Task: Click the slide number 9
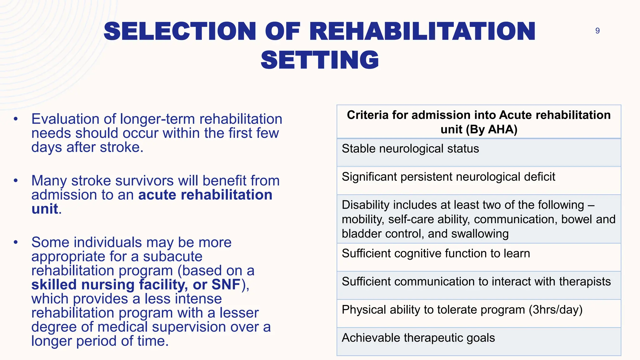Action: tap(597, 31)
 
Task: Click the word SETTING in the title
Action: tap(320, 60)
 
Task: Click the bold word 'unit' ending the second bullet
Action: tap(45, 209)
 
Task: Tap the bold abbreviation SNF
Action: tap(226, 285)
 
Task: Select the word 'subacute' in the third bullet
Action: tap(172, 257)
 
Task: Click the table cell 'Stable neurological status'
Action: tap(410, 149)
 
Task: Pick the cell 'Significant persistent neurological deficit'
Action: tap(448, 177)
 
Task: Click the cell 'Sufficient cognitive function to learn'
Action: tap(436, 253)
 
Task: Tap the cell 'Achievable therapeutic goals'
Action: tap(418, 338)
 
